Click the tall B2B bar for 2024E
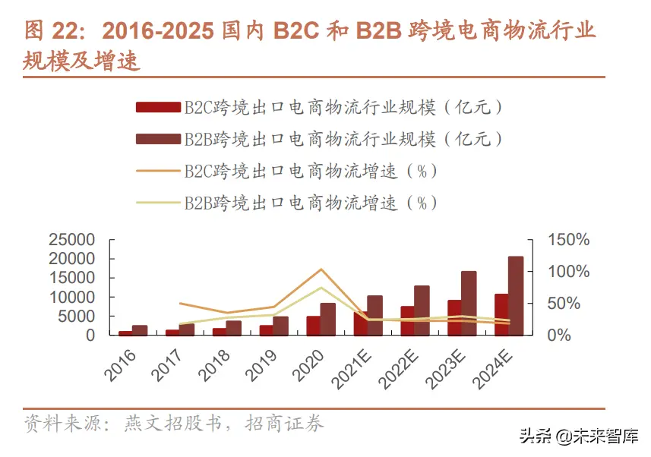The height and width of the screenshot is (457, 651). [x=515, y=296]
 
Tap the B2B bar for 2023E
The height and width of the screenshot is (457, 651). [x=469, y=303]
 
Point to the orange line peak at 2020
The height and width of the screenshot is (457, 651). [x=321, y=269]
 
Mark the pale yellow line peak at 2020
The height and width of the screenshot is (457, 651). [x=321, y=288]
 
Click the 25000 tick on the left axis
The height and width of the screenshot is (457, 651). [x=71, y=241]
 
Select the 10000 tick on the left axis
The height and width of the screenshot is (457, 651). [x=71, y=298]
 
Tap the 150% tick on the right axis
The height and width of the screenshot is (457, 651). [x=568, y=241]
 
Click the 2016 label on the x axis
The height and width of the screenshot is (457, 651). [x=119, y=365]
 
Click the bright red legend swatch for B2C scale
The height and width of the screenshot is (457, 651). [x=158, y=107]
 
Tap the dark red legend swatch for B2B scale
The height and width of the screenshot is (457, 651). [x=158, y=139]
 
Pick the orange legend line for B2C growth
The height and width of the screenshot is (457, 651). [x=158, y=171]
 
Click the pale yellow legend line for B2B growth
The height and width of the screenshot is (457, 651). [x=158, y=203]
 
